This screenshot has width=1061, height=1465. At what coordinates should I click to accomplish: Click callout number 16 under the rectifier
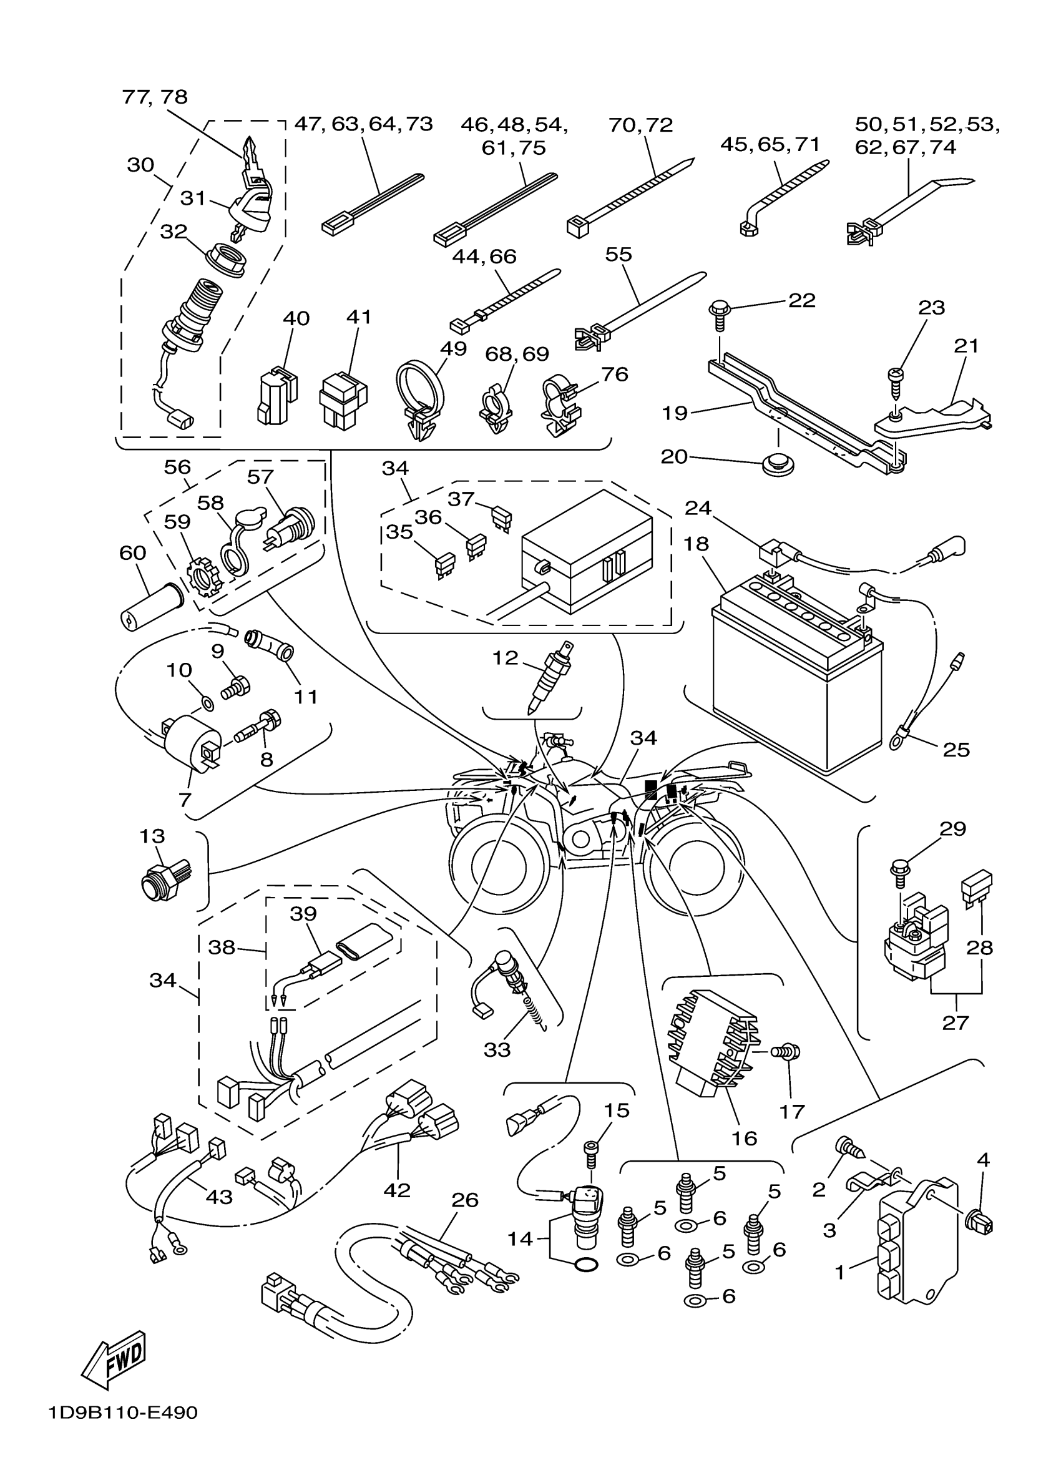[x=744, y=1137]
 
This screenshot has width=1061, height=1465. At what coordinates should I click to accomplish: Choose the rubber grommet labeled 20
[x=778, y=464]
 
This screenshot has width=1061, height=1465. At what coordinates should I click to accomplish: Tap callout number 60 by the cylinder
[x=132, y=553]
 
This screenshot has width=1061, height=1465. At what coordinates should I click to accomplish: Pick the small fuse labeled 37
[x=502, y=517]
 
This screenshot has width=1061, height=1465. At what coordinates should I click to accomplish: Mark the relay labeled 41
[x=342, y=399]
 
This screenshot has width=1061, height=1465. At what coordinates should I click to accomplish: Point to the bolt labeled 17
[x=788, y=1052]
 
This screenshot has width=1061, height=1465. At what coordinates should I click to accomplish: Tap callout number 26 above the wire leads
[x=464, y=1200]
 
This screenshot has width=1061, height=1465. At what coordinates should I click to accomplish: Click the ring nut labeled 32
[x=227, y=260]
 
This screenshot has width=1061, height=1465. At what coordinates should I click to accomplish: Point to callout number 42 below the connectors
[x=396, y=1189]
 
